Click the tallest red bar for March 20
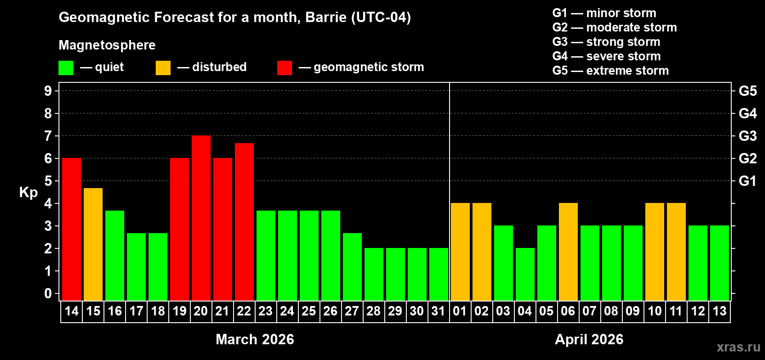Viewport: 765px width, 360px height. (x=201, y=218)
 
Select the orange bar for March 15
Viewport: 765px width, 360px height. (x=93, y=244)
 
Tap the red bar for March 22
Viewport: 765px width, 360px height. (x=244, y=221)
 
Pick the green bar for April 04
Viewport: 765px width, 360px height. (x=525, y=274)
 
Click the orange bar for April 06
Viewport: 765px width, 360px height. (x=568, y=252)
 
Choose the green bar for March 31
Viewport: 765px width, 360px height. (x=439, y=274)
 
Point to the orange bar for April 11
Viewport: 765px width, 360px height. (x=676, y=252)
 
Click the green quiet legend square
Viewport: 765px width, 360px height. (x=66, y=68)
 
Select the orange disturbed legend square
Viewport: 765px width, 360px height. (x=163, y=68)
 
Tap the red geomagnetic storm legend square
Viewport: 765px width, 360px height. (x=284, y=68)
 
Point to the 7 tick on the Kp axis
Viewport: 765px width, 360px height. (x=48, y=136)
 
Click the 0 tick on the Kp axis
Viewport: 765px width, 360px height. (x=48, y=294)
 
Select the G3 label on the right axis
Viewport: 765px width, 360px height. (x=747, y=136)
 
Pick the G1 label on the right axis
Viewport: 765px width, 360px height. (x=747, y=181)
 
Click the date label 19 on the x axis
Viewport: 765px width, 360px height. (x=180, y=311)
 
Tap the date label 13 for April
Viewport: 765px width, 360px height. (x=720, y=311)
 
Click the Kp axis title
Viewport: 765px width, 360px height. (x=28, y=192)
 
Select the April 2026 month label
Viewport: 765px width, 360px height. (x=589, y=339)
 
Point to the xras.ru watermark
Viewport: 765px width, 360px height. (x=738, y=346)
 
